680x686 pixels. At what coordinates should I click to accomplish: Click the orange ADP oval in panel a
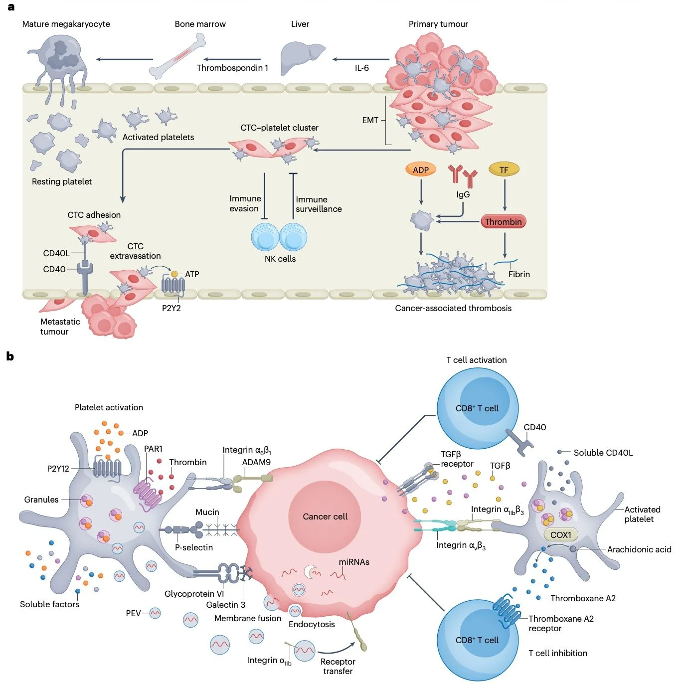(x=420, y=170)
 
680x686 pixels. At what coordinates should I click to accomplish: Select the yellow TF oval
(x=504, y=170)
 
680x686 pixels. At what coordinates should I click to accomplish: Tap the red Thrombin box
(x=503, y=221)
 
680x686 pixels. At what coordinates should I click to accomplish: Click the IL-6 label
(x=362, y=68)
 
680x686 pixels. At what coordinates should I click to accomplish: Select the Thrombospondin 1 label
(x=232, y=68)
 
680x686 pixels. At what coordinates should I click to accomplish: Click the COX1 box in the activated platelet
(x=560, y=535)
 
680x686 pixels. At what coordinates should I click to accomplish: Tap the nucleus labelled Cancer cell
(x=325, y=516)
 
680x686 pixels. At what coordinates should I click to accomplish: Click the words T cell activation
(x=476, y=360)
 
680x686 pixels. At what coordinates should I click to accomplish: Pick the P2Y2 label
(x=171, y=308)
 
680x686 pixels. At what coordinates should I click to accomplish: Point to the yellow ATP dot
(x=174, y=274)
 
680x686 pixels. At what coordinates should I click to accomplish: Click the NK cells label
(x=280, y=259)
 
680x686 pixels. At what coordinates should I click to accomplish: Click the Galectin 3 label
(x=225, y=605)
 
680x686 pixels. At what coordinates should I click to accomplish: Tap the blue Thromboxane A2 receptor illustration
(x=507, y=610)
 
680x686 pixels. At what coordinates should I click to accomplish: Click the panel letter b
(x=10, y=356)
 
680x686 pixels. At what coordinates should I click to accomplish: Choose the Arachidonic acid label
(x=639, y=549)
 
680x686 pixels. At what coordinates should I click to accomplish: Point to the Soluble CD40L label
(x=603, y=453)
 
